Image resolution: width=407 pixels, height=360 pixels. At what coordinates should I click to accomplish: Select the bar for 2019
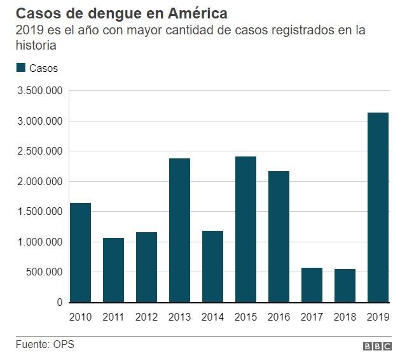click(378, 207)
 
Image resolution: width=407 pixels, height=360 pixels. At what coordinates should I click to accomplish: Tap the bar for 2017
click(312, 285)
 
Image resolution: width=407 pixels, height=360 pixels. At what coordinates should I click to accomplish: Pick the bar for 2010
click(80, 253)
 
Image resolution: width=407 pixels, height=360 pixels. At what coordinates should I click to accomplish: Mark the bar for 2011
click(113, 270)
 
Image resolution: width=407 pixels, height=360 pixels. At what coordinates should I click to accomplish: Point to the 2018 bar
click(345, 286)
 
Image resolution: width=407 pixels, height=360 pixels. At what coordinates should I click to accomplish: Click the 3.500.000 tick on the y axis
click(39, 91)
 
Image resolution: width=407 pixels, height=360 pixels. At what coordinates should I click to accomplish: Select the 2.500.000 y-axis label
click(39, 151)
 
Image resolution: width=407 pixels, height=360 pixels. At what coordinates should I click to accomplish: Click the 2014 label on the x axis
click(212, 316)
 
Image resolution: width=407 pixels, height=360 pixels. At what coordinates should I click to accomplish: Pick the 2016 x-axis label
click(279, 316)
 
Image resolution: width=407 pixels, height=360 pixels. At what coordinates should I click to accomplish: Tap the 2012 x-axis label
click(146, 316)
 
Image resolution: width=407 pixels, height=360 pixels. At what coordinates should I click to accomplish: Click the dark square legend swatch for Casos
click(20, 68)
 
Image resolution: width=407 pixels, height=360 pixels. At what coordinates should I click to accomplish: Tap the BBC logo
click(377, 347)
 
